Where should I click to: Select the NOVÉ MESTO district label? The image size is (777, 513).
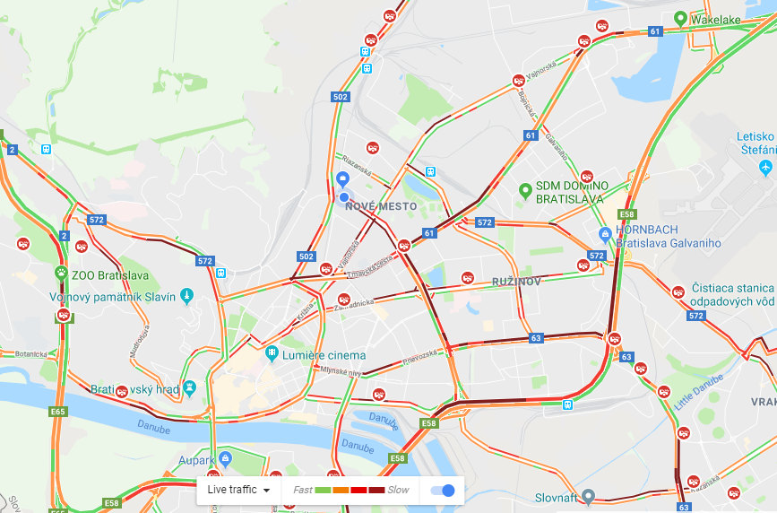380,206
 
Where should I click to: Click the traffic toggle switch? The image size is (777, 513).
443,490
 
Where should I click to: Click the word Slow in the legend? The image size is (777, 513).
398,490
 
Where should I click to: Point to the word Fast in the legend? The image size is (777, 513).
303,490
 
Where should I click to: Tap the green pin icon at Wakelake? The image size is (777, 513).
680,18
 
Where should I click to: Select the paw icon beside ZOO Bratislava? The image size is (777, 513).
61,274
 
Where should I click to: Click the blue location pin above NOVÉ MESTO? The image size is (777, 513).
342,179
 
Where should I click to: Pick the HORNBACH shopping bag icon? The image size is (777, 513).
606,233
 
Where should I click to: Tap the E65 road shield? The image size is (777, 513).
58,412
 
